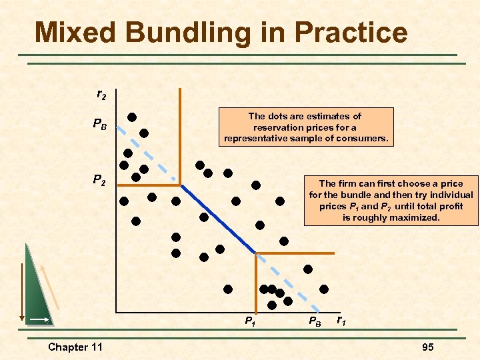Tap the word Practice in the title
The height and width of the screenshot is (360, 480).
(349, 33)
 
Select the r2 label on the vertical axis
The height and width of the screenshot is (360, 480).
(101, 95)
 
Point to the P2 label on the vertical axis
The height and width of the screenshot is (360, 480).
(99, 179)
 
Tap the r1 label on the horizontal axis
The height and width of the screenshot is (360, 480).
(341, 321)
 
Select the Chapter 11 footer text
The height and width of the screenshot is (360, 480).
(75, 347)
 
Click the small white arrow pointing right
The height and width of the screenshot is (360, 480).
(41, 320)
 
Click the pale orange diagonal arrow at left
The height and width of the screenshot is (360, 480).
(50, 287)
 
